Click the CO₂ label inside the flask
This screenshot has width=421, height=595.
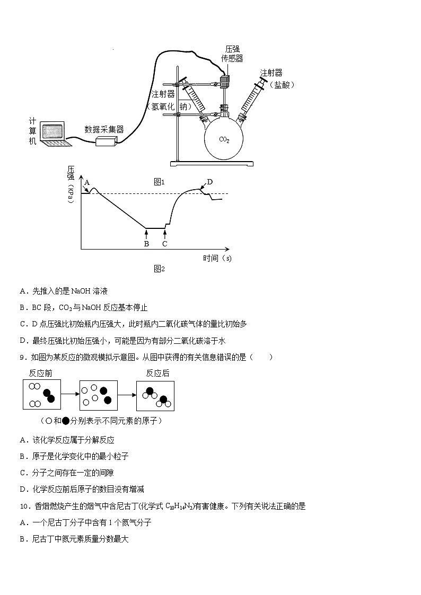pos(224,139)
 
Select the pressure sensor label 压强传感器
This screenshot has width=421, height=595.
pos(232,54)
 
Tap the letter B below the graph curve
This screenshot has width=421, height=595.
pos(146,244)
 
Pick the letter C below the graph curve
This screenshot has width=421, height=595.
pos(165,244)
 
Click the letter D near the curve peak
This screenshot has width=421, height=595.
pos(210,182)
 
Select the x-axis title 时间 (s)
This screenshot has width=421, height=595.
pos(217,259)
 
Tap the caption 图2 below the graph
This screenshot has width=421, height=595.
pos(160,269)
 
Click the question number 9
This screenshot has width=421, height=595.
pos(23,357)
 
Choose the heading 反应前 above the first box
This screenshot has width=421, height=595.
pos(41,373)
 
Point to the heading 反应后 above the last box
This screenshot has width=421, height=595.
pos(157,373)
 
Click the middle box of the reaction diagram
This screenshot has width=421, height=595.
pos(98,395)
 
